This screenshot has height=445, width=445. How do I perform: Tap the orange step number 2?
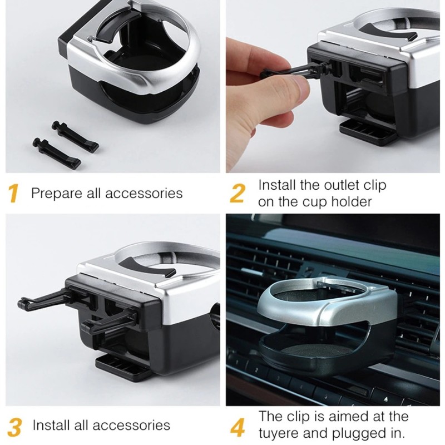pos(238,194)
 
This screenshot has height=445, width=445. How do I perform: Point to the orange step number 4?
pos(238,427)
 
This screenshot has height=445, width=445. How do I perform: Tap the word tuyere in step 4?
pos(281,433)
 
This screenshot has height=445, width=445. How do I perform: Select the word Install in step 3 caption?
pos(50,426)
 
